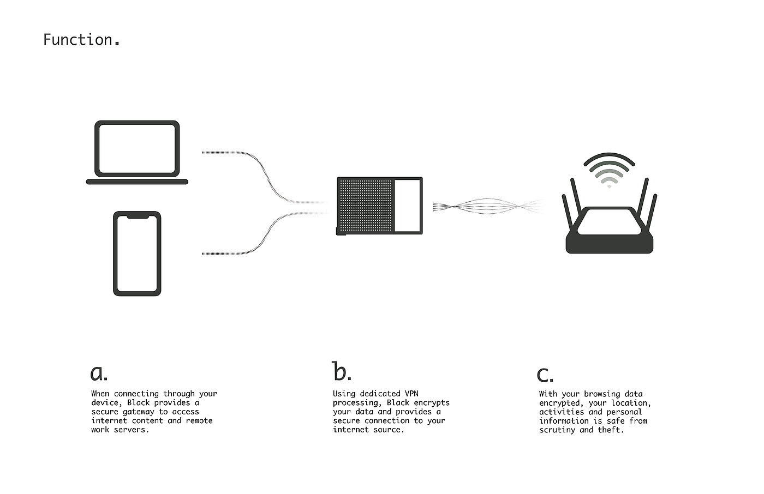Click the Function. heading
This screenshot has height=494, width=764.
81,40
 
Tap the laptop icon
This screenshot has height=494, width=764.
137,152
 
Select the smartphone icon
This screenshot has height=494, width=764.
137,254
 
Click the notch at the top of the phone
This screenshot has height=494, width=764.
138,216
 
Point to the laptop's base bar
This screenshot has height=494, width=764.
137,182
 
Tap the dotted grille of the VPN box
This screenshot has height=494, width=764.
366,206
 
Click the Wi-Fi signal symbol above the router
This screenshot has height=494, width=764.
609,170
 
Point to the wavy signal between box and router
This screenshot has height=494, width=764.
488,207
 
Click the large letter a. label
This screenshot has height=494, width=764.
99,373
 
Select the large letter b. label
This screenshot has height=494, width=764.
342,371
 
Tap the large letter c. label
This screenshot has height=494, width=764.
545,375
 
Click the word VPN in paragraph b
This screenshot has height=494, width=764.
411,394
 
